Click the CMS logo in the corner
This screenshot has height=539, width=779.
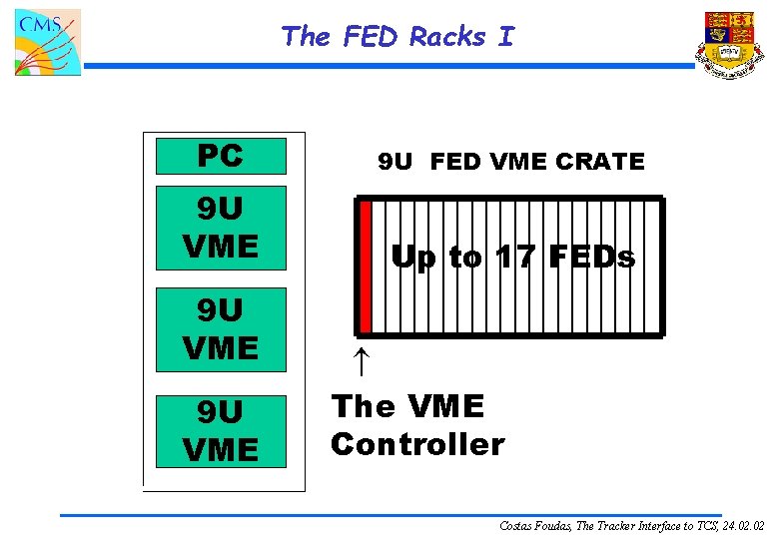tap(47, 42)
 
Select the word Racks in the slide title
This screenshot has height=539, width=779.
tap(447, 37)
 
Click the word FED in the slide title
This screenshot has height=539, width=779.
tap(370, 37)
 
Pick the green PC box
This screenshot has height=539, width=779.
tap(221, 156)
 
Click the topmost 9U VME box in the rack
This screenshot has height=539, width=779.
tap(221, 227)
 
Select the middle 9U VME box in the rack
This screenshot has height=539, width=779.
tap(221, 329)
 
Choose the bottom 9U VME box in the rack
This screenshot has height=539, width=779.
tap(221, 431)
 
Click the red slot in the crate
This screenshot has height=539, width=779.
tap(366, 267)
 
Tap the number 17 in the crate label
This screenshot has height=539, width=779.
tap(515, 258)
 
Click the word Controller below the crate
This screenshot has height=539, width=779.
tap(417, 443)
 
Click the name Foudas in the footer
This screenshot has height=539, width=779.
tap(550, 524)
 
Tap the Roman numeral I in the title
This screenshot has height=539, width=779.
tap(506, 37)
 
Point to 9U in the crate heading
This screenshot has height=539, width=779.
tap(394, 161)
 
